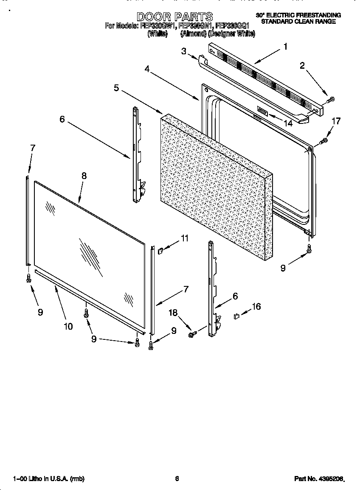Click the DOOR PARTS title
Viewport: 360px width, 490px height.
175,17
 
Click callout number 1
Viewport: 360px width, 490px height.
286,47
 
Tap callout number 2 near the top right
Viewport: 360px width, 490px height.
302,65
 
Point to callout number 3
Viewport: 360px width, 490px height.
184,51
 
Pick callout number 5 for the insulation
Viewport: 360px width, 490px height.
116,88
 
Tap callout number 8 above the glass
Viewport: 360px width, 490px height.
84,176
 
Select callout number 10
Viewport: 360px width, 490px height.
68,326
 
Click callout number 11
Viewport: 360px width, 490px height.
184,238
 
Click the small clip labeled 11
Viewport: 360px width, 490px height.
161,251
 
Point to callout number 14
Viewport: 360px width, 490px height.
288,123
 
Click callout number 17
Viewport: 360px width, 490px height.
335,121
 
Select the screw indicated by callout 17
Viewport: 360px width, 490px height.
323,140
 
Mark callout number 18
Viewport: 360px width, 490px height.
173,313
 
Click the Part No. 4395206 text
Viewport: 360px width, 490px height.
318,479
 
